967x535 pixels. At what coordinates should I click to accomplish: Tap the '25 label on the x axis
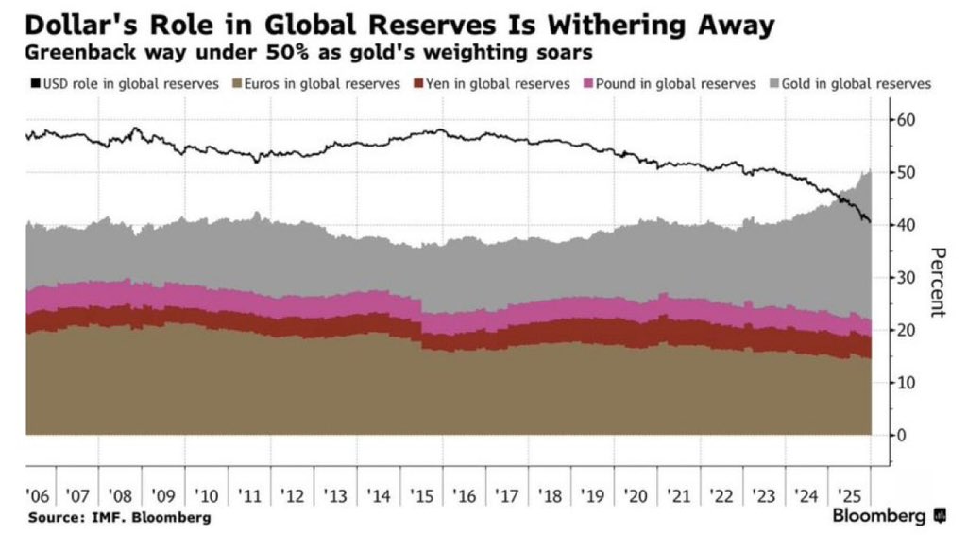tap(851, 496)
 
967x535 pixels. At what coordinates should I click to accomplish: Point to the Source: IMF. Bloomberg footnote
tap(120, 518)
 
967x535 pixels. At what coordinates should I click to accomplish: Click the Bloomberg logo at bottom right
tap(889, 516)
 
